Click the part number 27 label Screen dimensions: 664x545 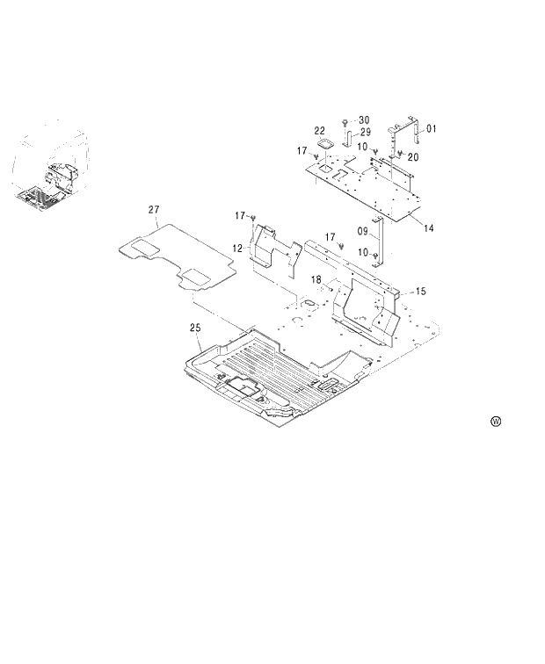click(154, 210)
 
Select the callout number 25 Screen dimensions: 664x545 click(195, 327)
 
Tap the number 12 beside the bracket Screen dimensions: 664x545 click(237, 249)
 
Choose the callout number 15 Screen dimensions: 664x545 click(420, 291)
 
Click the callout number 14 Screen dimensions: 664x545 click(429, 228)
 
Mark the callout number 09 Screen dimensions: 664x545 click(361, 233)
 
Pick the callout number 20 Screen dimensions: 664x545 click(413, 156)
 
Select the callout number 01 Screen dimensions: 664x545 click(431, 129)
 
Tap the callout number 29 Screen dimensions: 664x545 click(365, 132)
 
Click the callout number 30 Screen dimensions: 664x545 click(364, 119)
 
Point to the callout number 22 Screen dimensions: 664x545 click(320, 130)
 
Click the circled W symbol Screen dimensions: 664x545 click(496, 422)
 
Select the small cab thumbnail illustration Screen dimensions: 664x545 click(50, 166)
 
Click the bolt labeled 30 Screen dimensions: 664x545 click(345, 120)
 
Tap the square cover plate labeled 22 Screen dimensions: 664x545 click(323, 146)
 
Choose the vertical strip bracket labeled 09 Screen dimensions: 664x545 click(380, 237)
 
